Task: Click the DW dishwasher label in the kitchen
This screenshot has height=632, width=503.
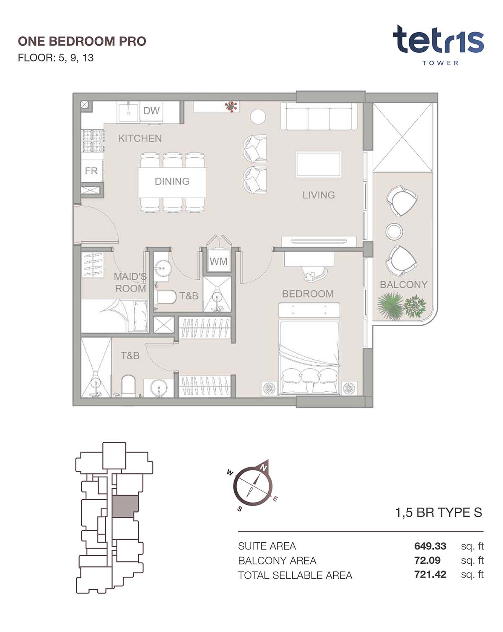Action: point(151,111)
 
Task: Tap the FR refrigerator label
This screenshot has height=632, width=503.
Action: point(91,170)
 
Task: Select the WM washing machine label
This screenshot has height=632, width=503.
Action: point(218,261)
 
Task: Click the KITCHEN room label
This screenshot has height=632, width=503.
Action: point(140,138)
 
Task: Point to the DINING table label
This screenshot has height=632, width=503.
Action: point(172,181)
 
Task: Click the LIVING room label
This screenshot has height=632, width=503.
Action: point(319,195)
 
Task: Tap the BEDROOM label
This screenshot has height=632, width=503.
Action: point(308,294)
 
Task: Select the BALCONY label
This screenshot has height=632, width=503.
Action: point(404,284)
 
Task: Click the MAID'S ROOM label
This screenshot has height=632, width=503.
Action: point(130,282)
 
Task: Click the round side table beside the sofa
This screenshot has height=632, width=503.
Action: point(258,116)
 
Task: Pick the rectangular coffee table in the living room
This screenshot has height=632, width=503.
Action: point(319,165)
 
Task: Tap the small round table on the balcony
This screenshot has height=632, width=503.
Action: point(394,231)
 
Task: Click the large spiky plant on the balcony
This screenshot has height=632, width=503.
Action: point(390,306)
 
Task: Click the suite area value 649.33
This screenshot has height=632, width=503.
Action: point(430,546)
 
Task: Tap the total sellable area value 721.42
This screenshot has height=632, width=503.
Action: point(430,575)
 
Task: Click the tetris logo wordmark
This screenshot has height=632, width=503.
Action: point(438,41)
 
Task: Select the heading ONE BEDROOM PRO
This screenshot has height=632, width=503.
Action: point(82,41)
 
